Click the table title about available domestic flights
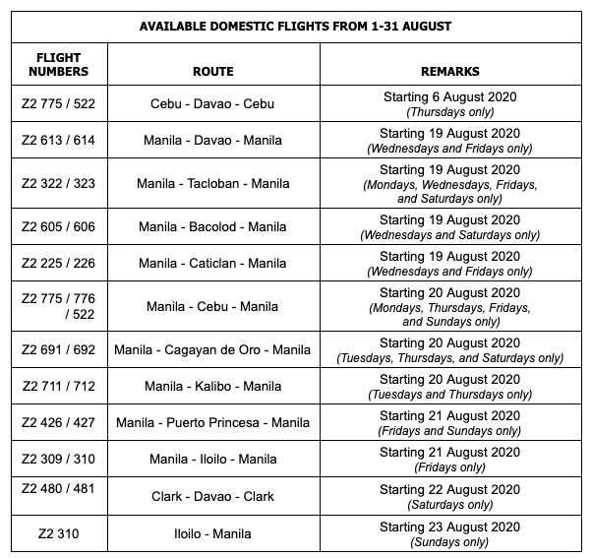coord(296,25)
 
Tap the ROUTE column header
coord(213,72)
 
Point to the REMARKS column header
coord(449,72)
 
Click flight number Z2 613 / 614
coord(58,140)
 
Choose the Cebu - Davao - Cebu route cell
coord(213,103)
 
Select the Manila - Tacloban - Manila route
coord(213,183)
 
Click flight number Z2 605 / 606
coord(58,226)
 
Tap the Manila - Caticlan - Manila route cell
coord(213,263)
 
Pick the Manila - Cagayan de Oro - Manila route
coord(213,349)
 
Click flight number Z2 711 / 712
coord(58,386)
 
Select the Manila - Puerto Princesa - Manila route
coord(213,422)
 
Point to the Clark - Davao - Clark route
coord(213,496)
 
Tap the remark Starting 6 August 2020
coord(449,97)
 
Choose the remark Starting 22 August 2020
coord(449,490)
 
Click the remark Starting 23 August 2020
coord(449,527)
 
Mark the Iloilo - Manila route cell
coord(213,533)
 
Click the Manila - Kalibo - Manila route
coord(213,386)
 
